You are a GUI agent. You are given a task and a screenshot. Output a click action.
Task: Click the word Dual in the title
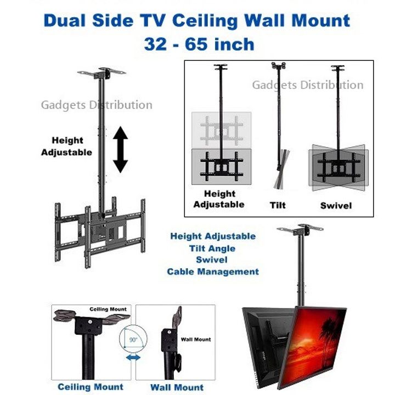(65, 20)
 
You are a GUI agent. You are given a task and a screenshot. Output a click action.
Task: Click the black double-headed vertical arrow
(120, 150)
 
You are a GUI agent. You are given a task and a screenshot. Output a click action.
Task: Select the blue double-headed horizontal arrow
(133, 357)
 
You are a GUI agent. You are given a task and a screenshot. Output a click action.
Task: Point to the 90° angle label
(133, 340)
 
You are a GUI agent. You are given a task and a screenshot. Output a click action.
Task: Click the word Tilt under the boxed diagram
(278, 205)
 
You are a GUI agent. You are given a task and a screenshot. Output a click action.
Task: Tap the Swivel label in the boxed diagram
(336, 206)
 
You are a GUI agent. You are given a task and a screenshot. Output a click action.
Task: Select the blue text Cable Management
(213, 272)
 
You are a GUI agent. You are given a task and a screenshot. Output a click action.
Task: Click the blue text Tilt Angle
(212, 249)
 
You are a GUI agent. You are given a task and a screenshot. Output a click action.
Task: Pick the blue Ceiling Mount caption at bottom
(91, 387)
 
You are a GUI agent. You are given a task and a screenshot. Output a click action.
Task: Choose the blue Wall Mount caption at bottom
(177, 387)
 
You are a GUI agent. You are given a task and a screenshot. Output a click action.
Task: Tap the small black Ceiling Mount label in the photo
(108, 309)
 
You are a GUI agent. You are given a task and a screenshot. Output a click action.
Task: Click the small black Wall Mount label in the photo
(196, 340)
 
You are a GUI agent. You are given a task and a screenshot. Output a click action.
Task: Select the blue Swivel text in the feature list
(212, 259)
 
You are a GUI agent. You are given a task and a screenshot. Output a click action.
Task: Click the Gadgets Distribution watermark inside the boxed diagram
(308, 85)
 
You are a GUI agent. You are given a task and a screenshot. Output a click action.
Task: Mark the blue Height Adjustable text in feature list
(213, 236)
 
